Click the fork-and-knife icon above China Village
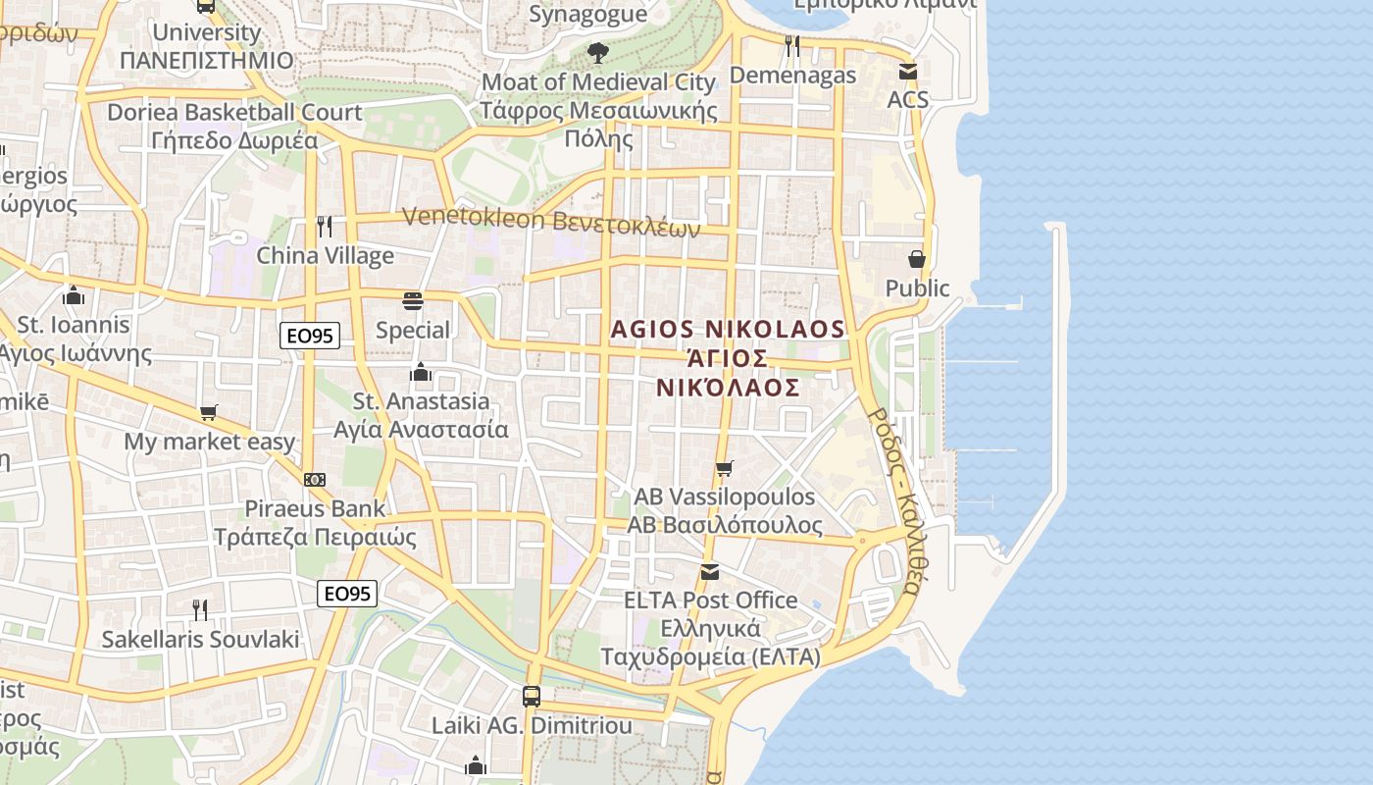tap(325, 227)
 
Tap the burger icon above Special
tap(413, 300)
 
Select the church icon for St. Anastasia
tap(421, 372)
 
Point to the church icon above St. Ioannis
tap(73, 295)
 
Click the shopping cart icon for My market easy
tap(208, 413)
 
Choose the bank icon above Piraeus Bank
tap(315, 480)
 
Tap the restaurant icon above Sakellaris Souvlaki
tap(200, 609)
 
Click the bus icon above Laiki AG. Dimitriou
tap(532, 697)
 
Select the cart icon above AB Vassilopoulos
tap(725, 468)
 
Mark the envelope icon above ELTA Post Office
tap(710, 571)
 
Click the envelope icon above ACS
tap(908, 71)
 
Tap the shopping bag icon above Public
tap(917, 259)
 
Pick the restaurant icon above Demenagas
tap(792, 45)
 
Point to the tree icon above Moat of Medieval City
tap(597, 52)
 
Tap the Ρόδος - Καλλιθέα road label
tap(895, 500)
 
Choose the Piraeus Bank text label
tap(315, 509)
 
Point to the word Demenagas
tap(793, 75)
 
